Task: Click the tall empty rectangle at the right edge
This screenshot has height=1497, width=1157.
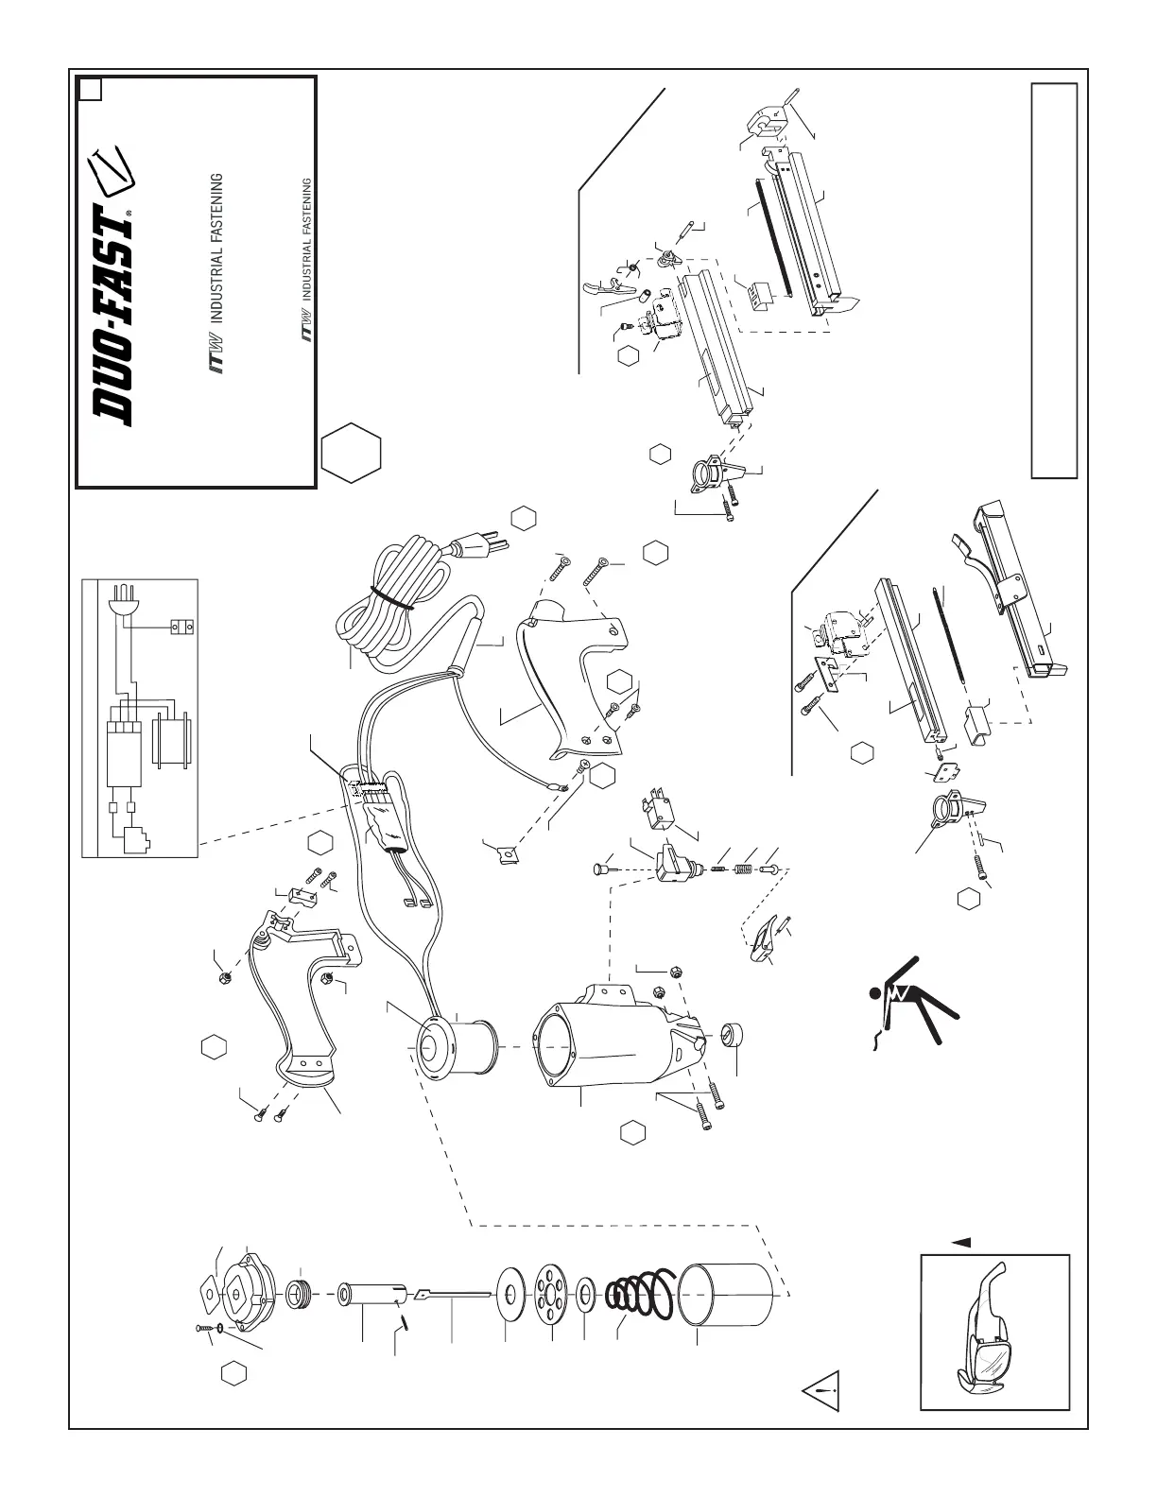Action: pos(1054,280)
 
